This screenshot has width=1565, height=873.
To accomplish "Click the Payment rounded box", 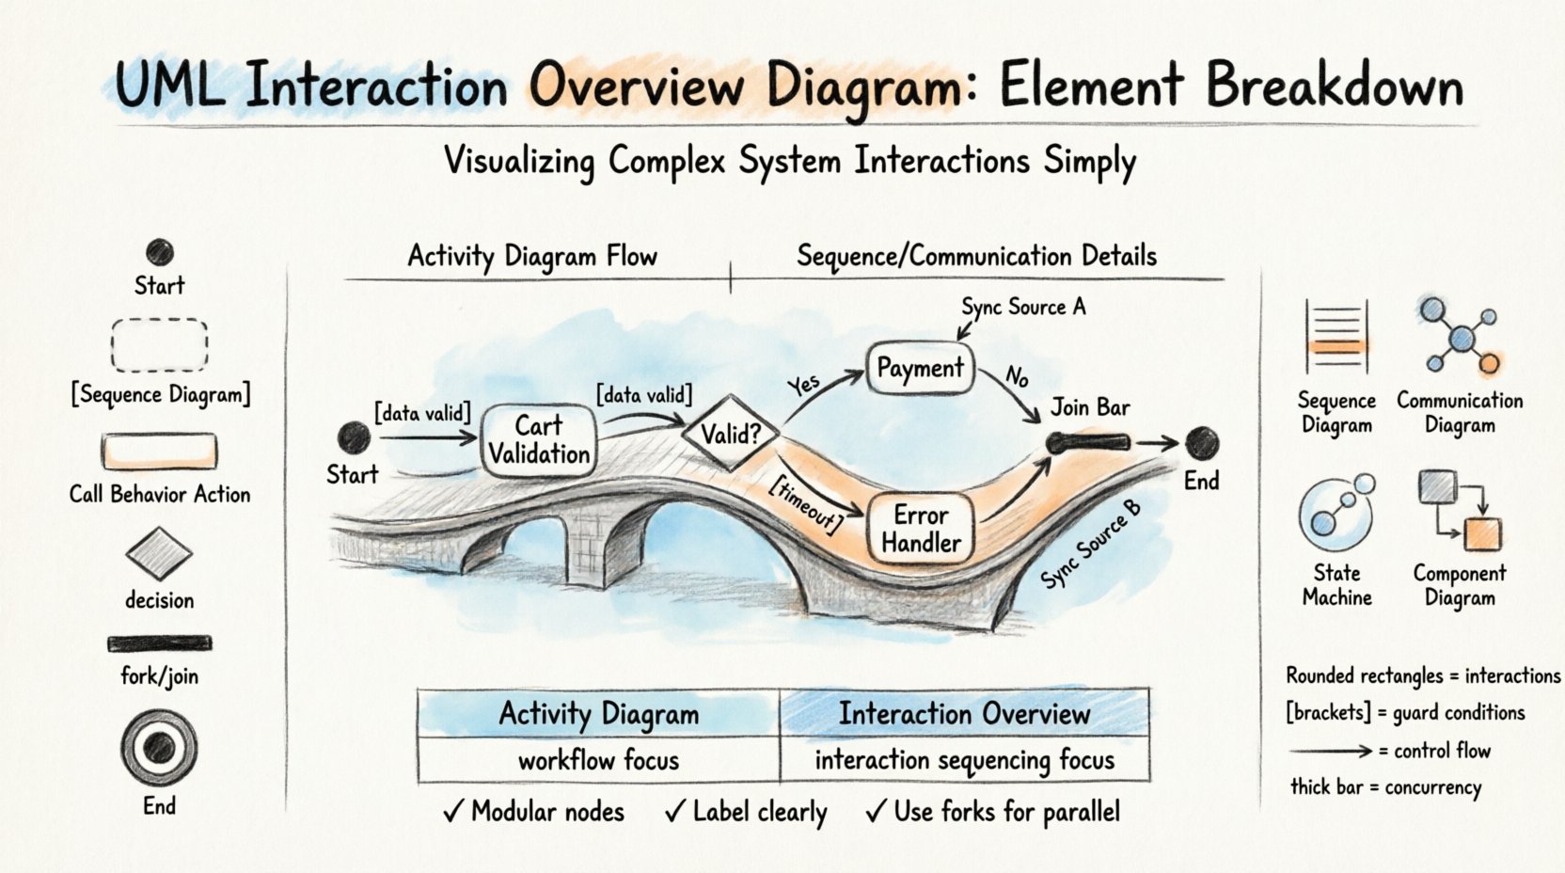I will pos(920,368).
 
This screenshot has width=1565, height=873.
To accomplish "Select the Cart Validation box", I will pos(539,440).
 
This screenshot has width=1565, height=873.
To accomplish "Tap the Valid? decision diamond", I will pos(730,434).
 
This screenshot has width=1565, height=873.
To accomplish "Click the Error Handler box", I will pos(921,529).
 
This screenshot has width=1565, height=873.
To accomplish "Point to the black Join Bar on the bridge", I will pos(1088,442).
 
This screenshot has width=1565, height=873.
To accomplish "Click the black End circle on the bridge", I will pos(1201,442).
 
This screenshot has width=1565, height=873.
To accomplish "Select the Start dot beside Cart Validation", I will pos(355,437).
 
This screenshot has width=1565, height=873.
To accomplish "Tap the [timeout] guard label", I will pos(805,503).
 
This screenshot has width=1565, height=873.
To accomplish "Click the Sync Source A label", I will pos(1023,307).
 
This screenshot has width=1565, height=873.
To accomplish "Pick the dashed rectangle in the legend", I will pos(159,345).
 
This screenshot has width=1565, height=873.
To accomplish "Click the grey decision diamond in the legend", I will pos(159,552).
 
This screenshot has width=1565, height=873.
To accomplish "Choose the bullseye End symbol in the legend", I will pos(159,748).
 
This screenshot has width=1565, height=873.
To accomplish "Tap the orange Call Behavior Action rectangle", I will pos(159,452).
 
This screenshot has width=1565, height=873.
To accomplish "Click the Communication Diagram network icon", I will pos(1460,336).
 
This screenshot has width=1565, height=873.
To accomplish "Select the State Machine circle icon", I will pos(1336,513).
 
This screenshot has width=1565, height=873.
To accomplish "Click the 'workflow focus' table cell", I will pos(598,760).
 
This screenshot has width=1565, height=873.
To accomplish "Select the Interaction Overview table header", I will pos(964,714).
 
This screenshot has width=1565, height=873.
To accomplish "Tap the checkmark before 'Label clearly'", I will pos(674,811).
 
